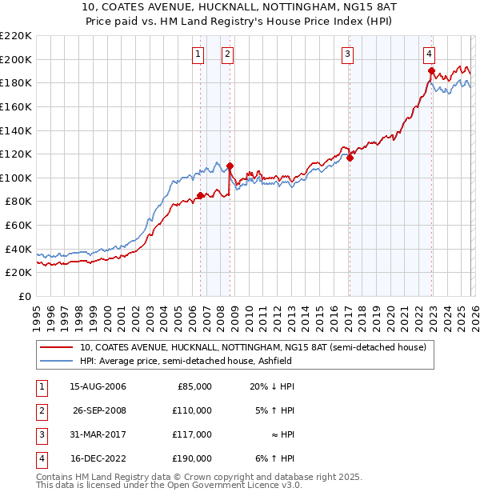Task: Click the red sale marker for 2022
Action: coord(430,71)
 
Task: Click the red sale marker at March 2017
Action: coord(350,158)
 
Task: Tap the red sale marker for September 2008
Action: coord(230,166)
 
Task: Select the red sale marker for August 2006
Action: coord(200,195)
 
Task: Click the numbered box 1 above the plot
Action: coord(198,54)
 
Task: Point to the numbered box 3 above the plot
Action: coord(349,54)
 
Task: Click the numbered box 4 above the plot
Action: coord(430,54)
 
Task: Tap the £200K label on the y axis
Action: coord(16,59)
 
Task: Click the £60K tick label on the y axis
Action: coord(18,225)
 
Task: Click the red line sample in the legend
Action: coord(58,347)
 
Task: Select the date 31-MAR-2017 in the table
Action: coord(98,434)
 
